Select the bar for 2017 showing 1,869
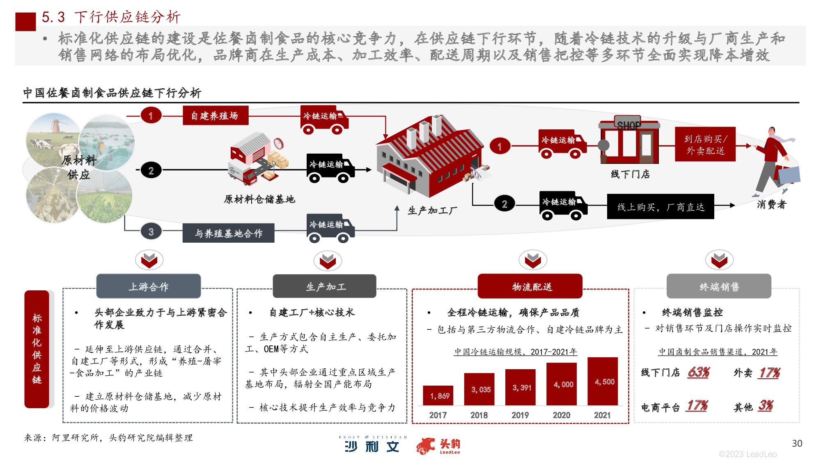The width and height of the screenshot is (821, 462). (x=438, y=395)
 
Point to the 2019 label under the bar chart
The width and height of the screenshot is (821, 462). (x=520, y=415)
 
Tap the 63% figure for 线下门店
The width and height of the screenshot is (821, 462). (x=699, y=372)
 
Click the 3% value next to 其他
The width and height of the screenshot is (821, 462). (x=766, y=406)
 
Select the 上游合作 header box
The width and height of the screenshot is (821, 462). (x=149, y=286)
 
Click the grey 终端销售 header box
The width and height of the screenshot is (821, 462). (x=719, y=286)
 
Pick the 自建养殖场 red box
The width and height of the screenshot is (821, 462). (x=216, y=115)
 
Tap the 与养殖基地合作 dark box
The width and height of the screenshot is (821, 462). (x=228, y=233)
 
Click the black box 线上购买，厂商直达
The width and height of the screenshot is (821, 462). (x=660, y=207)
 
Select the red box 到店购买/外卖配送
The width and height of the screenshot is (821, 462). (x=705, y=145)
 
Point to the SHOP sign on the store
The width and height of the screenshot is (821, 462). (x=628, y=125)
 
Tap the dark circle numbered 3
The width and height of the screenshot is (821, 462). (x=151, y=232)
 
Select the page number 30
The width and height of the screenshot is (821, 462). (x=797, y=444)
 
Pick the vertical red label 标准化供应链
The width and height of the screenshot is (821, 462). (x=37, y=349)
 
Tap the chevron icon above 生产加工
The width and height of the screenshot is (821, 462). (x=328, y=261)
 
